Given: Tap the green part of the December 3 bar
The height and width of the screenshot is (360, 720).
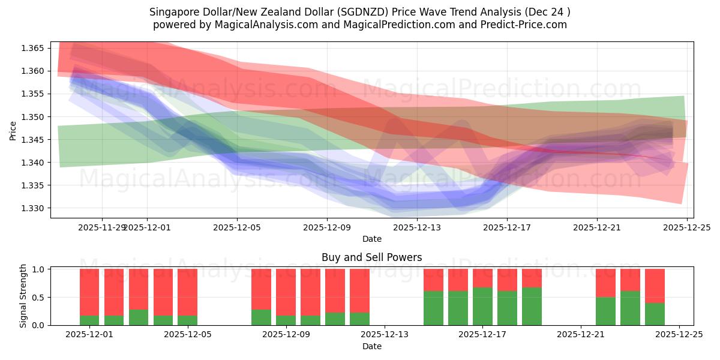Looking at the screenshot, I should (x=139, y=317).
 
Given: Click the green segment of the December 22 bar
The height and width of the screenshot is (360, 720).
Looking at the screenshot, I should (x=605, y=311).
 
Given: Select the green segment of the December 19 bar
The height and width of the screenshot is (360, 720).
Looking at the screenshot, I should (x=532, y=306).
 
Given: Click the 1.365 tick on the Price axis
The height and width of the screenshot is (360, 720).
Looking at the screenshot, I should (x=34, y=48).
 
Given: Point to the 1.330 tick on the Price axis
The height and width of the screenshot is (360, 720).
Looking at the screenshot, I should (x=34, y=208).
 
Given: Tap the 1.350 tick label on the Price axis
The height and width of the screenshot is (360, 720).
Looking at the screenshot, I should (x=34, y=117).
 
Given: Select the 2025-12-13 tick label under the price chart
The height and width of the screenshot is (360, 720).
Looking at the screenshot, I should (x=417, y=227).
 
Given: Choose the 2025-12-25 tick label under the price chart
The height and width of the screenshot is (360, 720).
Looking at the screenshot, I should (x=686, y=227).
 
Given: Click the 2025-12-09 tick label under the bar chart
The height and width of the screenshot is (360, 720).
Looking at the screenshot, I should (x=286, y=335).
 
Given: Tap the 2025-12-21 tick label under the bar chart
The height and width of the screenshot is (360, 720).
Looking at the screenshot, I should (x=581, y=335).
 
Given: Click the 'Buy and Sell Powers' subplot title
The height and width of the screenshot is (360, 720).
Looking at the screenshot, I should (x=371, y=257).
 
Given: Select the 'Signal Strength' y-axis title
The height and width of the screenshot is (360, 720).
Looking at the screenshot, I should (x=23, y=296).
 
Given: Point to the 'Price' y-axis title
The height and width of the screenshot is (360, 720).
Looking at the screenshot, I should (x=13, y=130).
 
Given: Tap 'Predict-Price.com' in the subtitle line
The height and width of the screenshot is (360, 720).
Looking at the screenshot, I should (x=522, y=25).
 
